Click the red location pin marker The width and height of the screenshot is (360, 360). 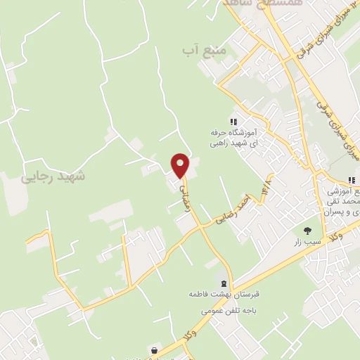tap(181, 165)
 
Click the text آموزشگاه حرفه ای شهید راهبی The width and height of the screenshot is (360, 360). tap(233, 137)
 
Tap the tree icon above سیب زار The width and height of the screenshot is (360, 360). tap(307, 230)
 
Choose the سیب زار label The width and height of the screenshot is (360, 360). tap(308, 241)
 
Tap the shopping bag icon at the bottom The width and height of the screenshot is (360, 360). tap(154, 350)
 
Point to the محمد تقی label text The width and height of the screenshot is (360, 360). tap(343, 201)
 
